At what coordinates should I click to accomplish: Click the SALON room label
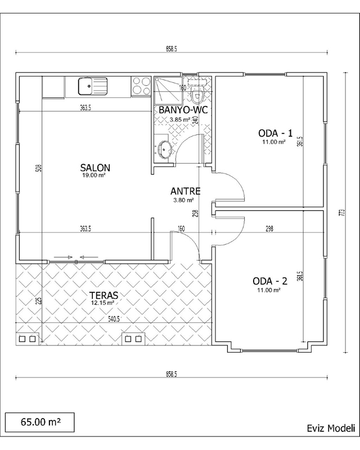pos(95,168)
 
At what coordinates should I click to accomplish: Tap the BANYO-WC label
pos(183,110)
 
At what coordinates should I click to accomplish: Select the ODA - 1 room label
pos(275,133)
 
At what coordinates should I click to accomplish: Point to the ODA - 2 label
pos(270,281)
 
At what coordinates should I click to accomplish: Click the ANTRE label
pos(185,191)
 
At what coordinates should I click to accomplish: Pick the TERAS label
pos(103,295)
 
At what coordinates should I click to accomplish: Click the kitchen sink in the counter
pos(93,86)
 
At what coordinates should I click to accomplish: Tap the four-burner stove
pos(141,86)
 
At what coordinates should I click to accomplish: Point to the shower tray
pos(168,91)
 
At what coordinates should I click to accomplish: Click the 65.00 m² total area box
pos(40,422)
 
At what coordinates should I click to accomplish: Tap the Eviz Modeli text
pos(331,428)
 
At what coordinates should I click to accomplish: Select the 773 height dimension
pos(341,213)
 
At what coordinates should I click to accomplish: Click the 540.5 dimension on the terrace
pos(114,319)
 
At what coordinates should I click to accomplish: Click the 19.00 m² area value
pos(94,175)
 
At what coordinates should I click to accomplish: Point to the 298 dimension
pos(269,229)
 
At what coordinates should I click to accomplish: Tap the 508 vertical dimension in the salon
pos(40,168)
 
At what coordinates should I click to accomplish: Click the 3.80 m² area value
pos(183,200)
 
